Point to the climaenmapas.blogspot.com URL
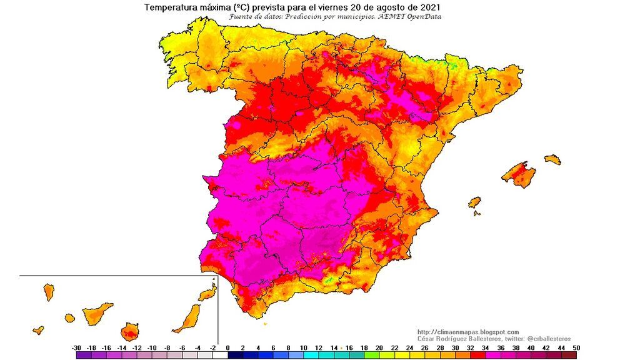click(x=467, y=332)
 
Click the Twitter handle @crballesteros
click(x=544, y=338)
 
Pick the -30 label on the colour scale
click(x=76, y=347)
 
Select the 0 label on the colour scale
click(x=227, y=347)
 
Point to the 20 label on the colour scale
click(x=380, y=347)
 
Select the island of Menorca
click(x=552, y=160)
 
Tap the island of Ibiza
click(x=475, y=202)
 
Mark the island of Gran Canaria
click(x=130, y=331)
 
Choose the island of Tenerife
click(x=96, y=312)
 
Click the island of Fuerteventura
click(x=186, y=319)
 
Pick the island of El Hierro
click(x=39, y=329)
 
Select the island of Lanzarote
click(x=207, y=294)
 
